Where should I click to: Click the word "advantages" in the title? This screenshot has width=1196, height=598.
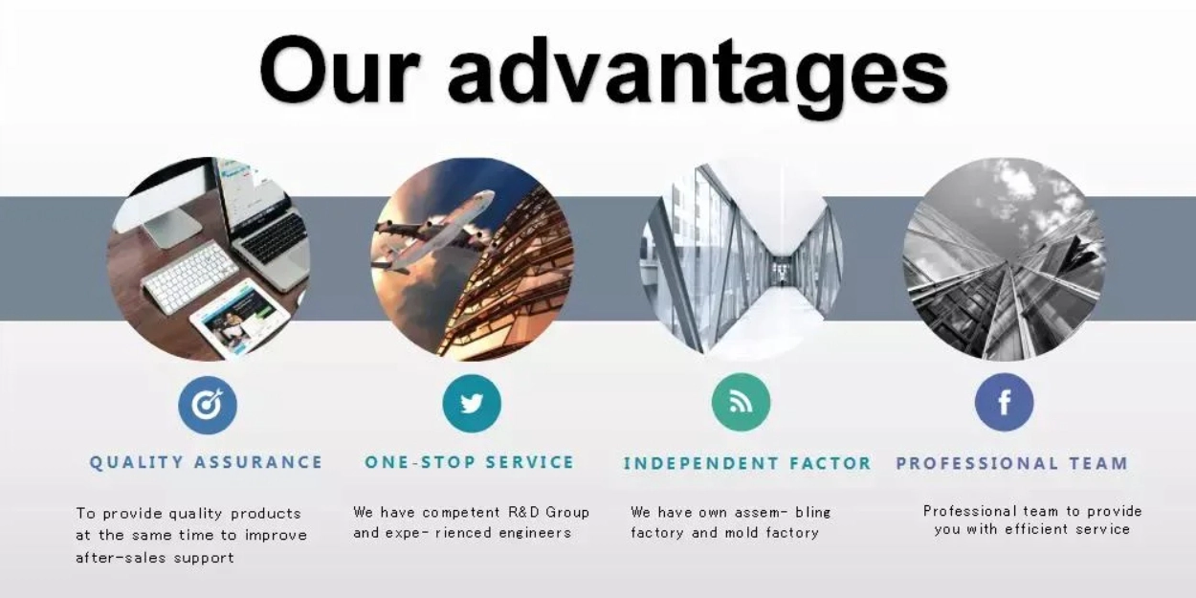[x=698, y=76]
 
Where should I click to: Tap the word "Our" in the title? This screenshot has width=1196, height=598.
[x=339, y=70]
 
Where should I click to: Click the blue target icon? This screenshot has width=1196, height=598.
[x=208, y=405]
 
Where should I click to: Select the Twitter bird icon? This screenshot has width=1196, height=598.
[x=472, y=403]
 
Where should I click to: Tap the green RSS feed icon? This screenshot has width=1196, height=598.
[x=742, y=403]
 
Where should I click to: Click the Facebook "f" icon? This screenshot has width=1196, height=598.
[x=1005, y=402]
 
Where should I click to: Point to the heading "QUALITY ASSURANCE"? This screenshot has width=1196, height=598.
[x=206, y=462]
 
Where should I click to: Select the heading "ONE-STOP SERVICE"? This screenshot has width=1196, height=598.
[x=470, y=462]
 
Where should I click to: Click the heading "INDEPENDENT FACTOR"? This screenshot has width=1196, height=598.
[x=747, y=463]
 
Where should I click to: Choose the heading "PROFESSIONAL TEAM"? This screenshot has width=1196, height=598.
[x=1011, y=463]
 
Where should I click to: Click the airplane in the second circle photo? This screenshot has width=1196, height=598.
[x=435, y=233]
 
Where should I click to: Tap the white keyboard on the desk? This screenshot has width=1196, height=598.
[x=190, y=277]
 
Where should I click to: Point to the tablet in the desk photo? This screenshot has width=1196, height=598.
[x=240, y=319]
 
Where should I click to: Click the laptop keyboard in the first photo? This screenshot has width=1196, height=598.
[x=274, y=238]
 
